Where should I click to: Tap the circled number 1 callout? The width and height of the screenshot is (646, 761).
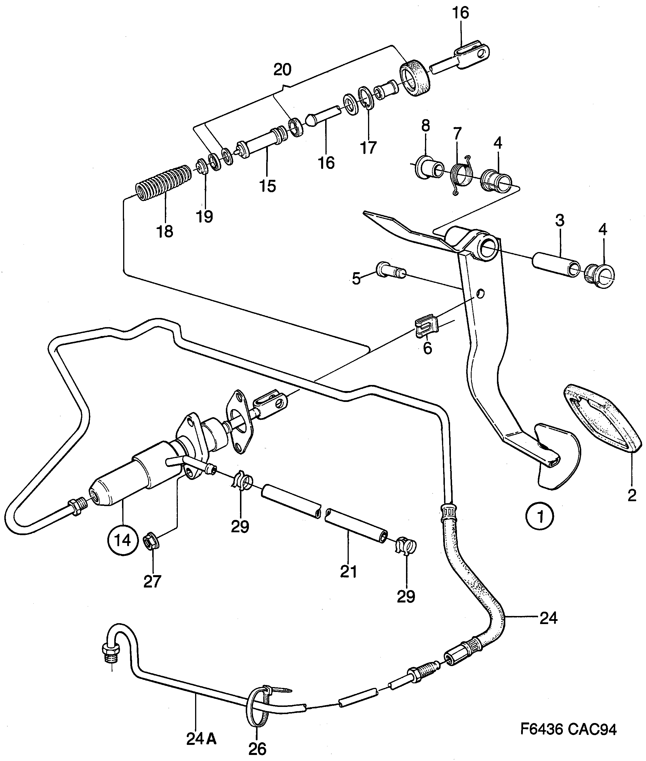[x=540, y=516]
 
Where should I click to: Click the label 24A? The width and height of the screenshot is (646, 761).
[x=201, y=739]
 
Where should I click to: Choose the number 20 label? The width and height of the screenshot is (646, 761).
[x=282, y=70]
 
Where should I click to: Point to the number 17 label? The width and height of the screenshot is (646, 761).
[x=368, y=148]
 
